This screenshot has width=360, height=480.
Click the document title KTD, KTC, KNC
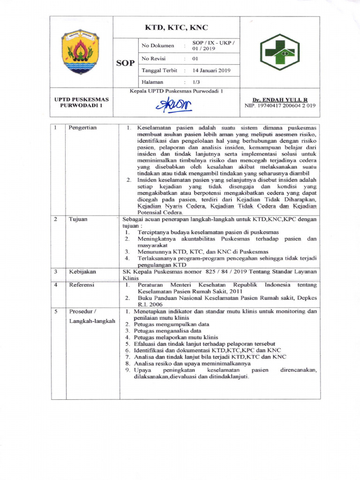177,27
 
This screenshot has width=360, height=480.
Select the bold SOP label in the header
126,62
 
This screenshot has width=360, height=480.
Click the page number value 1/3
196,82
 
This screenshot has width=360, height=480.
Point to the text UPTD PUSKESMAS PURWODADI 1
82,102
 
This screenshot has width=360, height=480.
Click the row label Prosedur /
82,311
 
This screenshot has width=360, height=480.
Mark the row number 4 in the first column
55,285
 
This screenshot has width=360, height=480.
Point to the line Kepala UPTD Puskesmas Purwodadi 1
177,91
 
